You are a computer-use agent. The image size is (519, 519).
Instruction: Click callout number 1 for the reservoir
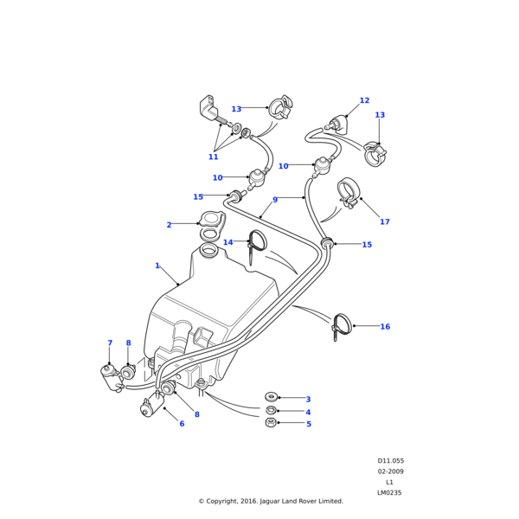[x=157, y=266]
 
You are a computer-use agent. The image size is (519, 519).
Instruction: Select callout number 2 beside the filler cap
[x=169, y=225]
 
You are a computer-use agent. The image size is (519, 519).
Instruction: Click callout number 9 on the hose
[x=275, y=200]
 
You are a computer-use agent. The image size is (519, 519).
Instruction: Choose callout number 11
[x=213, y=157]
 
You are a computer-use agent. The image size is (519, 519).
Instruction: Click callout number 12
[x=364, y=100]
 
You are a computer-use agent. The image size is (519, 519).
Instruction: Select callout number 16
[x=385, y=326]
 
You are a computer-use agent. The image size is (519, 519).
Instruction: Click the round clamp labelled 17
[x=349, y=192]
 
